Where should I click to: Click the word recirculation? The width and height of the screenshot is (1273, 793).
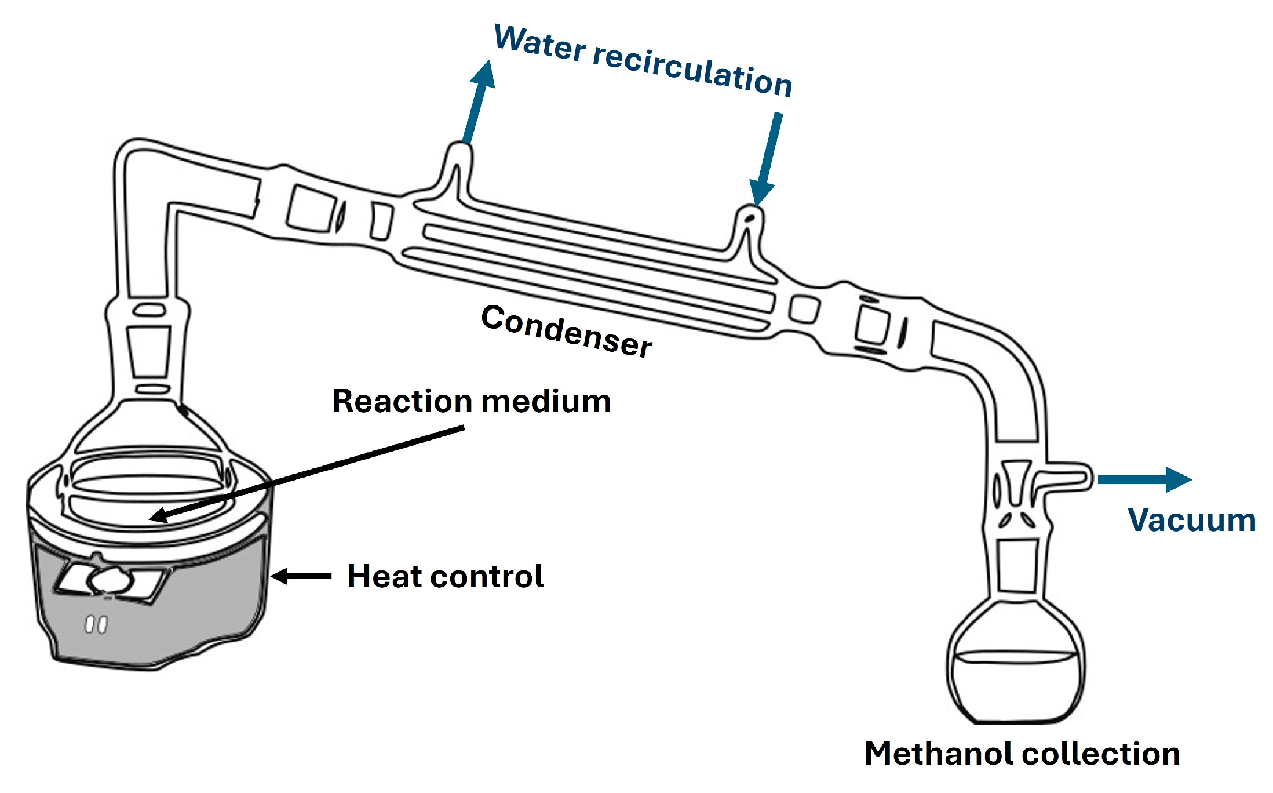[692, 70]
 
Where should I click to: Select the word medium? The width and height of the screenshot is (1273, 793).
[546, 401]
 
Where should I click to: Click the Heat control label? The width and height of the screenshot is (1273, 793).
[445, 576]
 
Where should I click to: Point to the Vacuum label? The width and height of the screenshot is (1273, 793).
[1191, 520]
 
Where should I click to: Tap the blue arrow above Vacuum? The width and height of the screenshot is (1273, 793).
[1144, 479]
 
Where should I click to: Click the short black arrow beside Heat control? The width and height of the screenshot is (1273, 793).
[301, 576]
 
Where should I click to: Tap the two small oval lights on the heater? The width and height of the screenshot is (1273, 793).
[96, 624]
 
